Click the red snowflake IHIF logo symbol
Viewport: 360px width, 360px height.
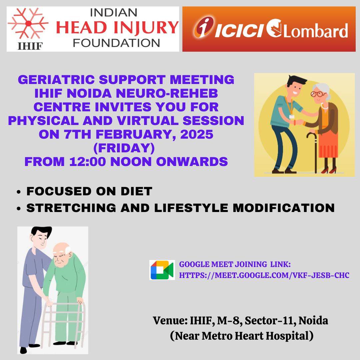(28, 23)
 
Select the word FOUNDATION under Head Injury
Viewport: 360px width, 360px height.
(116, 43)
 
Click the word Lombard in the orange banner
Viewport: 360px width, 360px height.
(316, 31)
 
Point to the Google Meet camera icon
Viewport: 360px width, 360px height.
(162, 270)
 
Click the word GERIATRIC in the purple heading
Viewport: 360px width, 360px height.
(56, 80)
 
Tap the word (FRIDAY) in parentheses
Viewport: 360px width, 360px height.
(124, 148)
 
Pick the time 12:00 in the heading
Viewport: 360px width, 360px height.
(87, 162)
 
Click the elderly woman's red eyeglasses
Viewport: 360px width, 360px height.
(317, 94)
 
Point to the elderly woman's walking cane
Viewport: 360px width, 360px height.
(314, 152)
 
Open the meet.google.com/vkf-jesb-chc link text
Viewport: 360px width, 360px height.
(264, 275)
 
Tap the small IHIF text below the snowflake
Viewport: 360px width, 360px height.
(30, 46)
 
